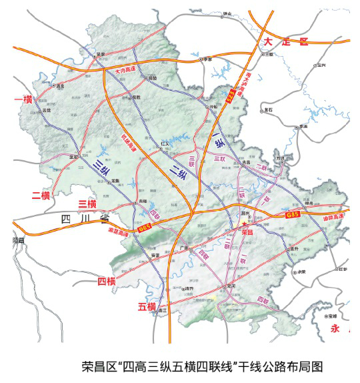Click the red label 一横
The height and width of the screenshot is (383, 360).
point(24,99)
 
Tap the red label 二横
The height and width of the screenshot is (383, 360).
point(41,195)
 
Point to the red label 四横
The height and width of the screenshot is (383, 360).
point(106,281)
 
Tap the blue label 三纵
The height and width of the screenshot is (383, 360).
point(101,170)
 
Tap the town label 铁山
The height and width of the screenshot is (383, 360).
point(228,13)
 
